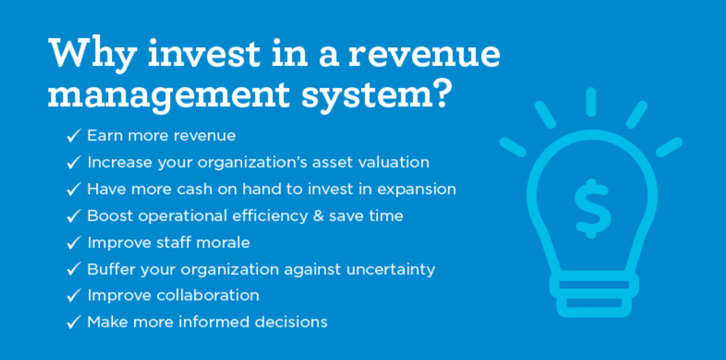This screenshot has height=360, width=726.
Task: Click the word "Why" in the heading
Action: [92, 55]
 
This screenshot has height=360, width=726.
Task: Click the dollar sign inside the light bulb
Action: [592, 208]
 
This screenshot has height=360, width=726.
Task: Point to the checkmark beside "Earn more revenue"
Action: [73, 135]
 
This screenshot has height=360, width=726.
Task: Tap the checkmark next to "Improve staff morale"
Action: [73, 242]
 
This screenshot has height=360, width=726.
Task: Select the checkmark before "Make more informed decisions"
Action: [73, 322]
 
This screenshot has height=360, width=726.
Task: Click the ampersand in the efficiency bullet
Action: [318, 216]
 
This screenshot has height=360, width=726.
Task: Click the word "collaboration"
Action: [208, 295]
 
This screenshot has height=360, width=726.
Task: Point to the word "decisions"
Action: [291, 322]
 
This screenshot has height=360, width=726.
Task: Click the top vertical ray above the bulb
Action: [591, 102]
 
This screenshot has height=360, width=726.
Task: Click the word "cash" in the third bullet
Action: [195, 189]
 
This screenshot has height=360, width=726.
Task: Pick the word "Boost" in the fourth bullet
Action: [110, 216]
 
